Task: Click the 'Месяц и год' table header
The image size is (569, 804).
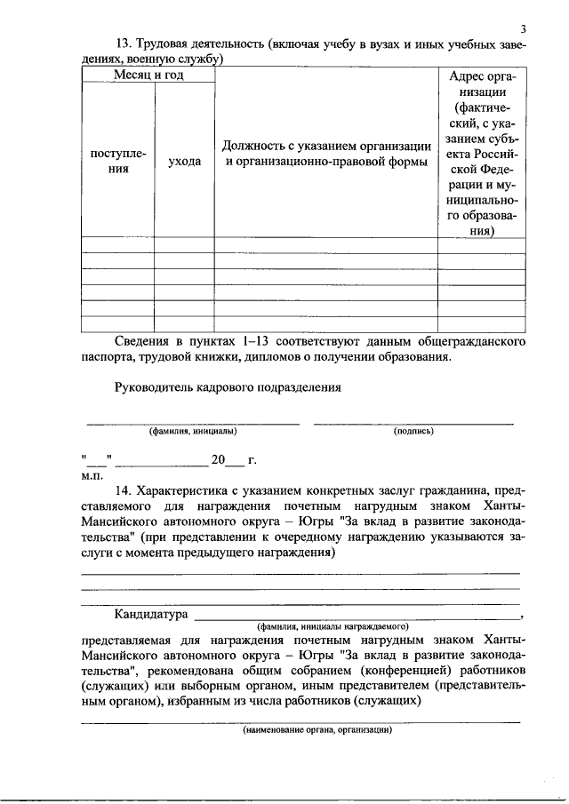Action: point(148,76)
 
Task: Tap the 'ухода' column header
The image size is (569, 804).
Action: point(184,162)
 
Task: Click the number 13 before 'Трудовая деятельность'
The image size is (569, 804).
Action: point(124,45)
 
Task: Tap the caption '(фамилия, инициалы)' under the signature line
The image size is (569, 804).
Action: point(193,432)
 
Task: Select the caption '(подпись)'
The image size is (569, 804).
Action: point(413,432)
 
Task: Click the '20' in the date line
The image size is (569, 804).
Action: point(218,460)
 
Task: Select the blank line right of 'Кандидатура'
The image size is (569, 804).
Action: point(356,616)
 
